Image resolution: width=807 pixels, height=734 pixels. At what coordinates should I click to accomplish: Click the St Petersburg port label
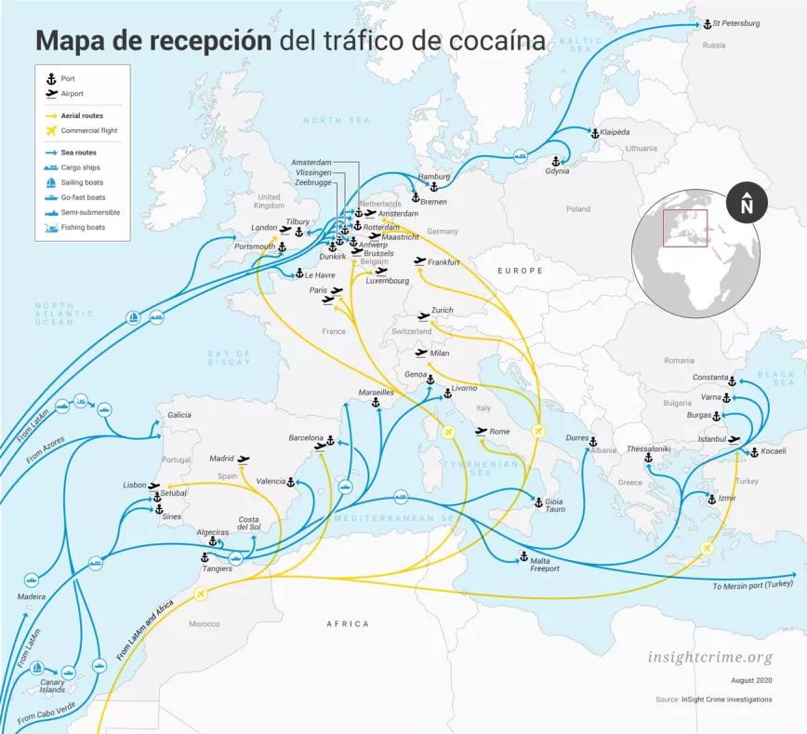click(735, 23)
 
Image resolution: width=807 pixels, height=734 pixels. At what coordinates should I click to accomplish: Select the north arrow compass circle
click(746, 204)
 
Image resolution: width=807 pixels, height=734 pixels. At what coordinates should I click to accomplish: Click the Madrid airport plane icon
click(244, 459)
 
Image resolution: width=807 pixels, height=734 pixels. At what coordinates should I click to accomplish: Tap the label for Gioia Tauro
click(555, 505)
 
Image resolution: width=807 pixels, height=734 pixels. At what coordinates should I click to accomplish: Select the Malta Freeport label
click(545, 565)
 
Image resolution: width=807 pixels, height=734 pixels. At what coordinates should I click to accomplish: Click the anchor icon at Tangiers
click(205, 556)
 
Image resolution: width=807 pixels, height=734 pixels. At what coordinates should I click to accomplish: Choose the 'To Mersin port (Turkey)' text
click(753, 586)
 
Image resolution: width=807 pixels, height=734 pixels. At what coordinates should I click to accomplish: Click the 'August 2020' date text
click(751, 681)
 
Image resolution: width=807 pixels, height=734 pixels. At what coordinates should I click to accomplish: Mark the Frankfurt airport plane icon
click(419, 261)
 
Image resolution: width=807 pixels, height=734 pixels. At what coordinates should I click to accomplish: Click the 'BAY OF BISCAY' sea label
click(229, 357)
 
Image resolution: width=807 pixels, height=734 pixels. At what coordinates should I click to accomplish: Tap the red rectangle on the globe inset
click(685, 229)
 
